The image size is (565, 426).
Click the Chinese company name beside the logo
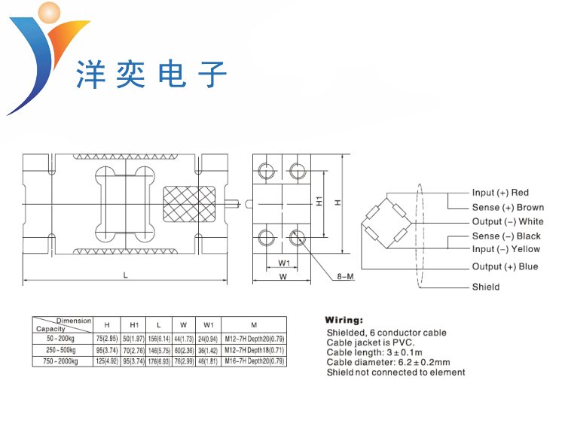[151, 76]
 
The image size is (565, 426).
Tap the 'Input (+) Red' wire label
[500, 193]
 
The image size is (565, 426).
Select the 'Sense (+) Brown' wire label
[508, 207]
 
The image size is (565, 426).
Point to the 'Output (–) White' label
[508, 221]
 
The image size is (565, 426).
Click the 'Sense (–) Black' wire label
[506, 236]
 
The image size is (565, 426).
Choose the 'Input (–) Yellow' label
[505, 249]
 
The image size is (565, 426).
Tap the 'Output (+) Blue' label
[505, 266]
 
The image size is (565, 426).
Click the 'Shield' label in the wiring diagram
[486, 287]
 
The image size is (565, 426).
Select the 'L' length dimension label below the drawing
[126, 275]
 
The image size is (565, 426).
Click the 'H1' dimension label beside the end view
[319, 202]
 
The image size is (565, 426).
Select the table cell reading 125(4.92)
[107, 361]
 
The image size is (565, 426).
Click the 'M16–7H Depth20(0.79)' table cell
[254, 361]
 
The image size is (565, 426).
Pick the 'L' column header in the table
[158, 325]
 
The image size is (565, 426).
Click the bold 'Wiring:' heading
[344, 320]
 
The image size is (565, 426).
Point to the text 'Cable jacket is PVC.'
[371, 342]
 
